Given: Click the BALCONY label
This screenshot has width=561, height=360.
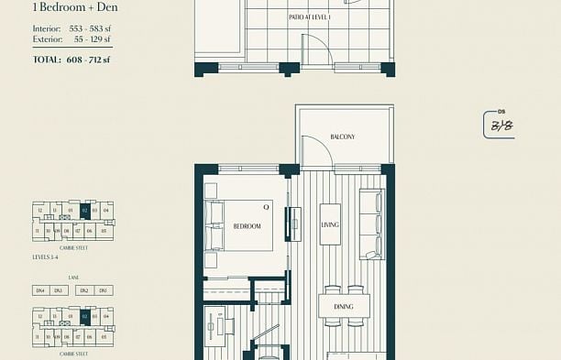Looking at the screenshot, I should click(x=342, y=137).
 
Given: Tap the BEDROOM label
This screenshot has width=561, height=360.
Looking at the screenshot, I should click(x=247, y=225).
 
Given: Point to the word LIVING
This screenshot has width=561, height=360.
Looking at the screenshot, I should click(x=330, y=224).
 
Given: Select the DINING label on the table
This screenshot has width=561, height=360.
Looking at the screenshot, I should click(x=344, y=307).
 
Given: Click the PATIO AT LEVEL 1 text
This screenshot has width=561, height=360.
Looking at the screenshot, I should click(x=309, y=17).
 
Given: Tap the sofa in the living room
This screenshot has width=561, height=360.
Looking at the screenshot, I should click(x=371, y=224).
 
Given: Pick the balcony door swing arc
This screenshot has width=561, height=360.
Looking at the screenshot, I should click(x=316, y=151).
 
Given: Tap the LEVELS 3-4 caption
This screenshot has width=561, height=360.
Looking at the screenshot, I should click(x=48, y=258).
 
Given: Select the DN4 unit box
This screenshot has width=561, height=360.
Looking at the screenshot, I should click(x=40, y=290).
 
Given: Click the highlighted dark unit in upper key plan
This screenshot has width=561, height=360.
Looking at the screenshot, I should click(x=84, y=211).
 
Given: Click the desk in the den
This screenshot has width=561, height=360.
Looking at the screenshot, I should click(x=225, y=326).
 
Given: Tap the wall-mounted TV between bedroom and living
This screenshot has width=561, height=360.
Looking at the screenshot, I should click(x=294, y=222).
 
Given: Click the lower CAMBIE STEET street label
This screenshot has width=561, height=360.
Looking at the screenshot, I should click(x=72, y=352).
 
